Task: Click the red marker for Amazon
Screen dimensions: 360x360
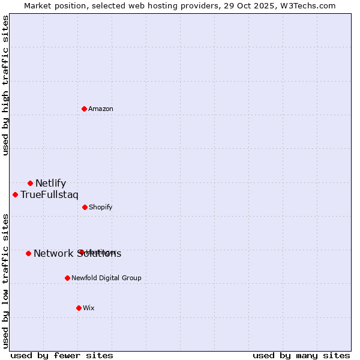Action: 85,109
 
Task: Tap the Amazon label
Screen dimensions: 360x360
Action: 101,109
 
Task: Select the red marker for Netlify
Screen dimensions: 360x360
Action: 30,183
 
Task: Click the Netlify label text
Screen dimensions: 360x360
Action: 50,184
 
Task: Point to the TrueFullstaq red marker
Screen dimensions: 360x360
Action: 15,194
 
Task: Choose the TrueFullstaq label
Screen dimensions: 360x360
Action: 49,195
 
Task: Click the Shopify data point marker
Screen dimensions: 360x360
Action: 85,207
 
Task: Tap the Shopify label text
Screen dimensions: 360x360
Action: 101,208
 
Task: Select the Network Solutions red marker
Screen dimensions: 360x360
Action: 28,253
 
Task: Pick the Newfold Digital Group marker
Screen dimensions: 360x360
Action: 67,278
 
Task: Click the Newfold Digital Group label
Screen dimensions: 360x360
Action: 106,278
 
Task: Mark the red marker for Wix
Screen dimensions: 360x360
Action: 79,308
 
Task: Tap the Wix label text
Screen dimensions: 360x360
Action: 89,308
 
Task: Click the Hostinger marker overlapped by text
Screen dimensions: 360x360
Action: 80,252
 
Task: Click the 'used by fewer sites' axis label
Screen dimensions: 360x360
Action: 62,355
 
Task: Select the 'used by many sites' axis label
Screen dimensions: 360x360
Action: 301,355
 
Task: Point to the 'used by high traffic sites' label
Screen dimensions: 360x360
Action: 5,85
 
